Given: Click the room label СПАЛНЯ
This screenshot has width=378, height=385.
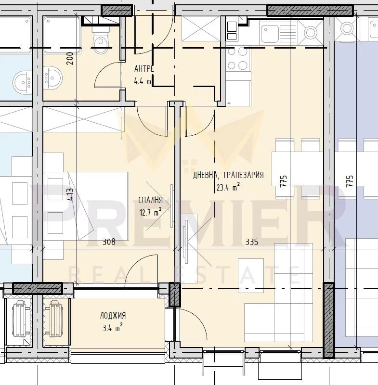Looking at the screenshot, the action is click(x=151, y=200).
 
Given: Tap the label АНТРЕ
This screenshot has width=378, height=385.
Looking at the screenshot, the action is click(x=144, y=69).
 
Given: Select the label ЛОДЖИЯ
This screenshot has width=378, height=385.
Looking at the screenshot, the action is click(x=113, y=316).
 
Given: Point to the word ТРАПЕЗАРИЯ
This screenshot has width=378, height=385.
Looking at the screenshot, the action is click(x=243, y=175).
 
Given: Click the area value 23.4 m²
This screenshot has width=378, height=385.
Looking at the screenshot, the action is click(x=228, y=187).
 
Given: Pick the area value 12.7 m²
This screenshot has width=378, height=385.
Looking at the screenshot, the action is click(x=150, y=212).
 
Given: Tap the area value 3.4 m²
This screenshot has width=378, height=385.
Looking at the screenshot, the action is click(x=113, y=328).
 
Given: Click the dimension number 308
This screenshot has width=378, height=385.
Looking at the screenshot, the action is click(x=109, y=242).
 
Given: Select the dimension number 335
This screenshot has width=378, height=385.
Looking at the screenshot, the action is click(x=252, y=242).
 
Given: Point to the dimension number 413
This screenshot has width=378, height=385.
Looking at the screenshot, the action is click(x=70, y=195).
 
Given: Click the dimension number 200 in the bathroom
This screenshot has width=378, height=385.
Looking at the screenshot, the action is click(x=70, y=58).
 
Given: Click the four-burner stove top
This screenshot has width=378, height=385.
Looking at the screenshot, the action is click(x=238, y=58).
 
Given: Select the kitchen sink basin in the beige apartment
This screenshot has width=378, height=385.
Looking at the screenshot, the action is click(x=270, y=34).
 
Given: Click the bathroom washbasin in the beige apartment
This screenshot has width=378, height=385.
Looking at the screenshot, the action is click(x=53, y=78).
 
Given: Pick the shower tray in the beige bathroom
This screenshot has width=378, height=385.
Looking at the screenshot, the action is click(x=62, y=35).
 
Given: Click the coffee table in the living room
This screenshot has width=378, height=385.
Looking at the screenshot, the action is click(x=251, y=275).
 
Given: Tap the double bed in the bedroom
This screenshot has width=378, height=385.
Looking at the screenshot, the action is click(x=86, y=206).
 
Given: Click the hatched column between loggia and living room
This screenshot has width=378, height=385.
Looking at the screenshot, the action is click(x=175, y=295).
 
